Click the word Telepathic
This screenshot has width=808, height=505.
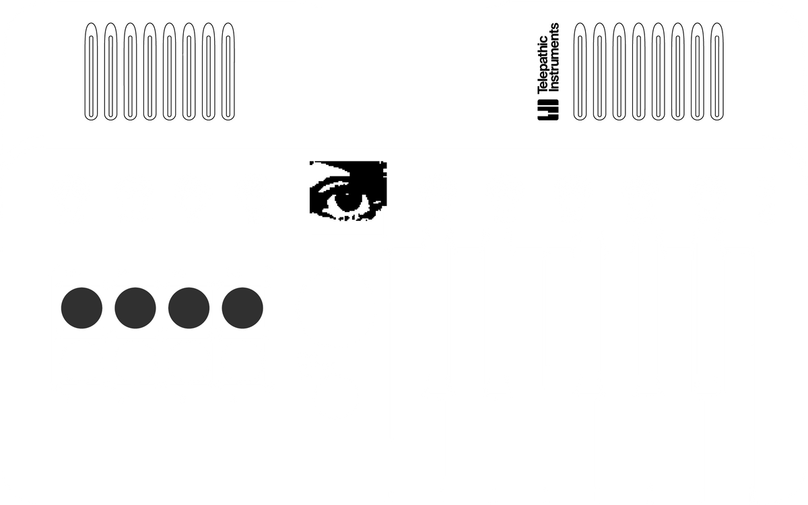point(543,65)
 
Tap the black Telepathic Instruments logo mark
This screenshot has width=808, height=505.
point(548,110)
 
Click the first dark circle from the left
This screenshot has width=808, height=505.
point(81,308)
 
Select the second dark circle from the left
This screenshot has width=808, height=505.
point(135,308)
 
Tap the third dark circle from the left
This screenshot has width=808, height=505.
point(189,308)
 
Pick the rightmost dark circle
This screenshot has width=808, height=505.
point(242,308)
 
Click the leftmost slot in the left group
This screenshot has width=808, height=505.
point(86,71)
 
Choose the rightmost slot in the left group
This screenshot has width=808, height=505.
point(223,71)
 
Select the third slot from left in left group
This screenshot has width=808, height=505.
point(125,71)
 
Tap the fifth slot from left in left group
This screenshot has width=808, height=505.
point(164,71)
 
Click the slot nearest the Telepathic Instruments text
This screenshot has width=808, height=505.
point(574,71)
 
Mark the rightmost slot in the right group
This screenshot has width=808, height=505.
point(712,71)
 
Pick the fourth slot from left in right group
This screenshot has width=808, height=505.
point(634,71)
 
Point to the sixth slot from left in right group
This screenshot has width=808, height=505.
point(673,71)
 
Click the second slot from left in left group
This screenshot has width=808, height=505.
point(105,71)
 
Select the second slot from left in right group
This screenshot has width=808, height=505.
point(594,71)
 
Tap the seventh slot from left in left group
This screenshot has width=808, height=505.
point(203,71)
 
